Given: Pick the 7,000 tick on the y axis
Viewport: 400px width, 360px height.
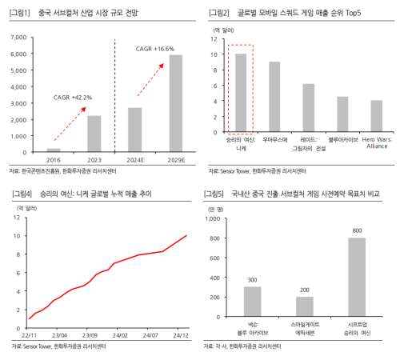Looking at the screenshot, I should click(18, 38).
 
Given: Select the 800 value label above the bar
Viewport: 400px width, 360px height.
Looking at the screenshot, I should click(357, 230).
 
